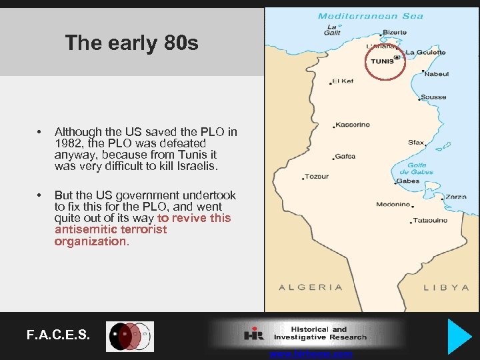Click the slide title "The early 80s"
click(x=131, y=43)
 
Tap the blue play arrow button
click(x=459, y=336)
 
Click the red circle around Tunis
click(x=386, y=61)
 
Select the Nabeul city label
click(x=436, y=74)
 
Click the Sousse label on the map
click(x=433, y=97)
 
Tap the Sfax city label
click(x=416, y=142)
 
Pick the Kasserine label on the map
click(x=353, y=125)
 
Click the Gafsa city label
click(x=345, y=157)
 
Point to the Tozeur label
click(x=317, y=177)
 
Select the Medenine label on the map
click(x=393, y=205)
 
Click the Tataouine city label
click(x=430, y=221)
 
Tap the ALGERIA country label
click(x=310, y=287)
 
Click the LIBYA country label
click(x=447, y=287)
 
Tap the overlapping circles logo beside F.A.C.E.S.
click(x=130, y=336)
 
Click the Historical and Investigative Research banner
click(x=307, y=333)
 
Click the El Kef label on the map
click(x=343, y=81)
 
